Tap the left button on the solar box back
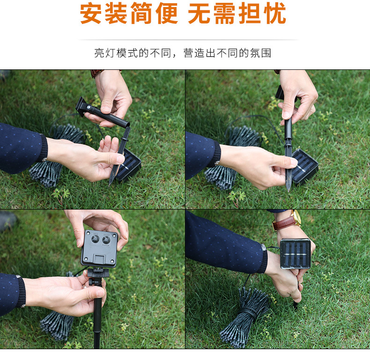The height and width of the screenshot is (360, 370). tap(95, 239)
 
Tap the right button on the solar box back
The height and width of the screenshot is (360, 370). tap(107, 239)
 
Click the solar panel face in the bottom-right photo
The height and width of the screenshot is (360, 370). tap(296, 254)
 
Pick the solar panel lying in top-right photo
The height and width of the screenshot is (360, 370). tap(306, 166)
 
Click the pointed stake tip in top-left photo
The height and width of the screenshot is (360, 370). tap(111, 182)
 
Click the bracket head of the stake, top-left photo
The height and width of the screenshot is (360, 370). tap(84, 106)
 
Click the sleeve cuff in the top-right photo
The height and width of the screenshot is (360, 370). tap(215, 156)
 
